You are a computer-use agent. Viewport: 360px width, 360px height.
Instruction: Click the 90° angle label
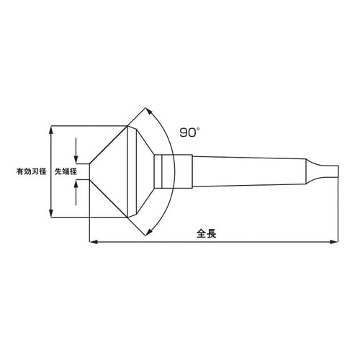click(x=189, y=132)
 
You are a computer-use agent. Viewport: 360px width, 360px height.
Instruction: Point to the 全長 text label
click(x=207, y=233)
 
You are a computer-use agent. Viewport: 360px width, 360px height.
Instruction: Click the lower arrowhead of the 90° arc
click(x=149, y=230)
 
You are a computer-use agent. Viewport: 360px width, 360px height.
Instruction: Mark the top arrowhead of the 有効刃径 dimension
click(x=50, y=130)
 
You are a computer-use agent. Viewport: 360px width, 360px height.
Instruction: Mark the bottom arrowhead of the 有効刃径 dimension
click(x=50, y=213)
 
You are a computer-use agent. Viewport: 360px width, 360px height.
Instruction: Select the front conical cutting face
click(x=109, y=171)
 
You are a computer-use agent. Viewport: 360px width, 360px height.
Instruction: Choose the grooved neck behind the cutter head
click(x=165, y=171)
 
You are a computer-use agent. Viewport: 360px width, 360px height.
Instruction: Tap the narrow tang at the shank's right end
click(x=326, y=171)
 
